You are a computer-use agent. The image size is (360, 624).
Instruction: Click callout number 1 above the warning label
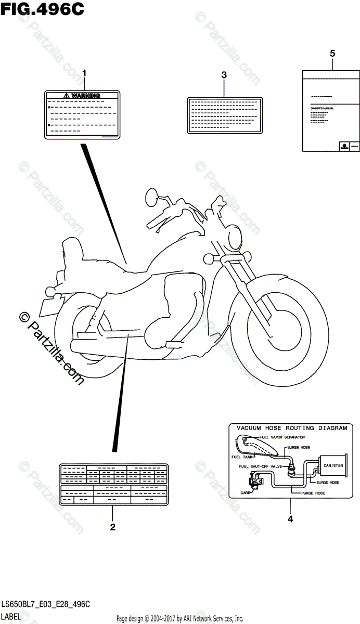click(x=84, y=73)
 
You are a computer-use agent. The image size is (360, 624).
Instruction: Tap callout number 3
click(x=224, y=75)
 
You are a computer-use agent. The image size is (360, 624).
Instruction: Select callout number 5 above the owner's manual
click(x=332, y=53)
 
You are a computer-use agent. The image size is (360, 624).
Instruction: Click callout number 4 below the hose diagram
click(x=290, y=518)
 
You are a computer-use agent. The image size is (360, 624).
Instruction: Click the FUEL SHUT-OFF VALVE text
click(x=260, y=466)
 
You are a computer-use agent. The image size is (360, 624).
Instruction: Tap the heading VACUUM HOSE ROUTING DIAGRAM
click(x=292, y=428)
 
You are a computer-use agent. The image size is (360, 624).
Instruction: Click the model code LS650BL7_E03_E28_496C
click(x=45, y=604)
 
